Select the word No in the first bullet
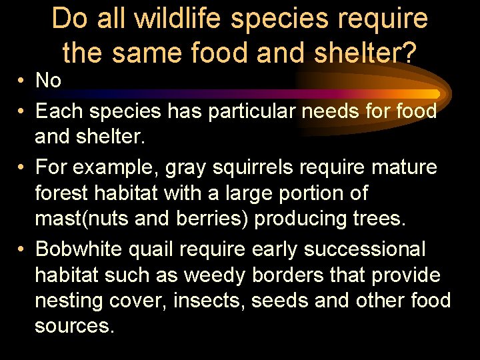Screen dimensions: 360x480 tap(49, 81)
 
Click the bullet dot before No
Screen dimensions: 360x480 tap(22, 81)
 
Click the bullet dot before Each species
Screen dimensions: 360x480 tap(22, 111)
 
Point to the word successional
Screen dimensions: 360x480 tap(364, 249)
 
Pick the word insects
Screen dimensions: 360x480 tap(209, 301)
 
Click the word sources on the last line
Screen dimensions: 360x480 tap(75, 327)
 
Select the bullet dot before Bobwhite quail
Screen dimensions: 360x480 tap(22, 249)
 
